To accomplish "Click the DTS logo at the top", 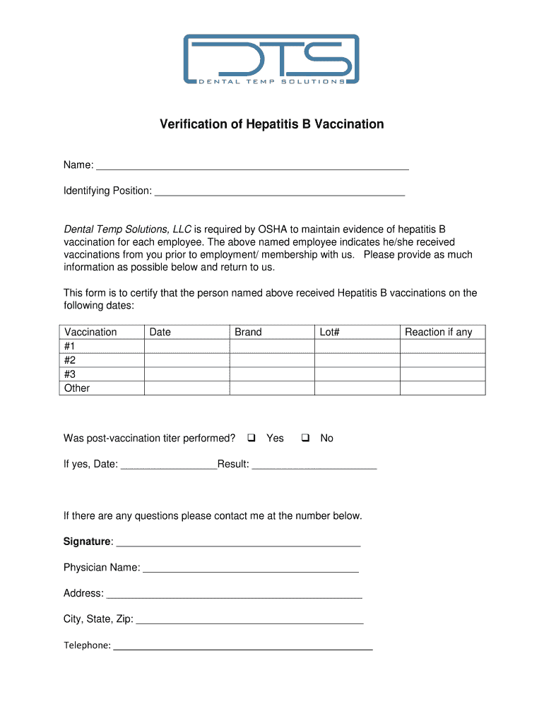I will [x=271, y=60].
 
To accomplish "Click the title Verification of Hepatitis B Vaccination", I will [x=271, y=124].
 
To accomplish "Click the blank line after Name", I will [x=252, y=166].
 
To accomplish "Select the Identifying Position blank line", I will [x=279, y=191].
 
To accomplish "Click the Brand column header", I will [x=248, y=332].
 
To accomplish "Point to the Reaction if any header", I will [x=438, y=332].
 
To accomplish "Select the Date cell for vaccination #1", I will [x=187, y=346].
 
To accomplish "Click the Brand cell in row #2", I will [x=271, y=360].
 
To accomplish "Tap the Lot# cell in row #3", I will [x=357, y=374].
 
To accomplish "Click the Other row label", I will [x=77, y=388].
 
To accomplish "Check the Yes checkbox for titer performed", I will [x=251, y=438].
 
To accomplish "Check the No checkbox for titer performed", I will [x=305, y=438].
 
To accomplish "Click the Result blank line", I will [x=314, y=465].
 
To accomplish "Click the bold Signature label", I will [x=87, y=542].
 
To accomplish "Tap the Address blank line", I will [x=234, y=594].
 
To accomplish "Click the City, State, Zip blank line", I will [x=249, y=620].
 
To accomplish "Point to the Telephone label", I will [x=87, y=645].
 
